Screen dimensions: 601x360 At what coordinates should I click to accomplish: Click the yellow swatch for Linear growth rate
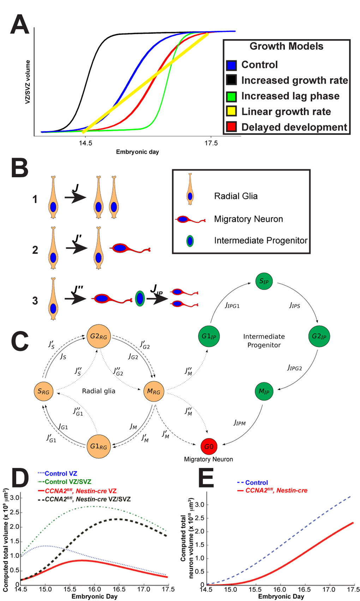pos(232,111)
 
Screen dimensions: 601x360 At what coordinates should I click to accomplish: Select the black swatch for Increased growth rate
pos(232,80)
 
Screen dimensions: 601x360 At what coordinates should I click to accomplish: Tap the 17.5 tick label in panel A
pos(211,143)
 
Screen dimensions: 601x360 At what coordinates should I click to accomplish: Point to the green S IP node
pos(264,281)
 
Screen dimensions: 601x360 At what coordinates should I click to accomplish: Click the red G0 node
pos(209,447)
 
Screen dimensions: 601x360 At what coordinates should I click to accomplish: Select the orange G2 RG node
pos(99,336)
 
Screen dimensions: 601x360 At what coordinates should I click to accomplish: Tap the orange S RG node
pos(43,391)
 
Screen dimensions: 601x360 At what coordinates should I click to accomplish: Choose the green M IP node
pos(264,391)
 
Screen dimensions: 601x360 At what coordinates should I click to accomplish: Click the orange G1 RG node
pos(99,447)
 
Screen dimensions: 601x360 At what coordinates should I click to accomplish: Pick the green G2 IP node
pos(319,336)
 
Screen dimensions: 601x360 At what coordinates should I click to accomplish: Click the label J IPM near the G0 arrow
pos(240,423)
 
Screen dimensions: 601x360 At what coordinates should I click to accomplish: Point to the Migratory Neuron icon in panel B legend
pos(190,219)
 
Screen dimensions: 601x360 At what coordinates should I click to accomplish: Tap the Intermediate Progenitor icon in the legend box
pos(190,241)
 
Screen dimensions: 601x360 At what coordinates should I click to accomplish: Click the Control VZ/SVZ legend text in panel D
pos(68,482)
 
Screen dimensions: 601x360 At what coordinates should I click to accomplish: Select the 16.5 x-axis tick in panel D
pos(119,589)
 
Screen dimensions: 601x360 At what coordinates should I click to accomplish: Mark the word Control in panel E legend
pos(257,482)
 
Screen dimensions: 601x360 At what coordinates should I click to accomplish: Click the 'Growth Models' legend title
pos(286,46)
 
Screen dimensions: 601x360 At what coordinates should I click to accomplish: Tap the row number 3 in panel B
pos(35,300)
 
